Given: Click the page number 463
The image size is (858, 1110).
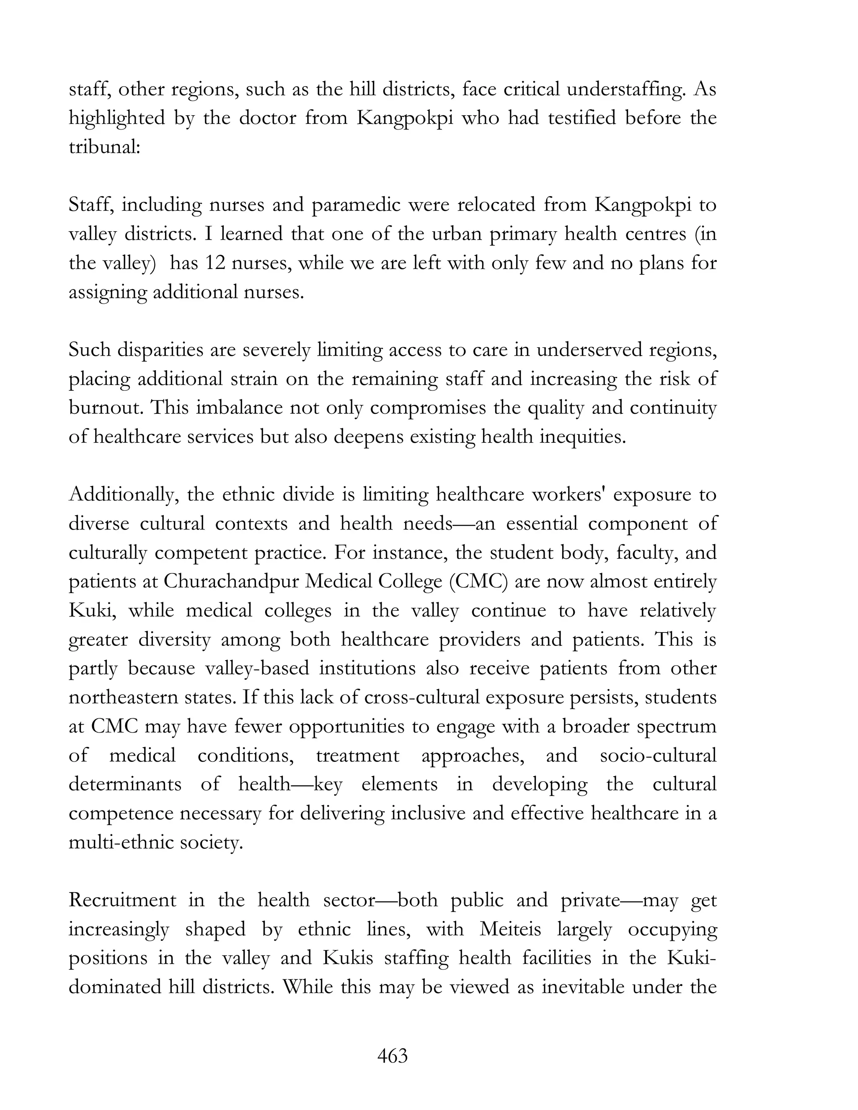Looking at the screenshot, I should [x=393, y=1056].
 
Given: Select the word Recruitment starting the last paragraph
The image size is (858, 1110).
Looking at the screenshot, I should [x=122, y=900].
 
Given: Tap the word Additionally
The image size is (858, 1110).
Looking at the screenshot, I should [x=123, y=495].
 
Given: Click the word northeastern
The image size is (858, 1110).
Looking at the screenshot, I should [x=124, y=697].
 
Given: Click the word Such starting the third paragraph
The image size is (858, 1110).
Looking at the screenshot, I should [x=90, y=350].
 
